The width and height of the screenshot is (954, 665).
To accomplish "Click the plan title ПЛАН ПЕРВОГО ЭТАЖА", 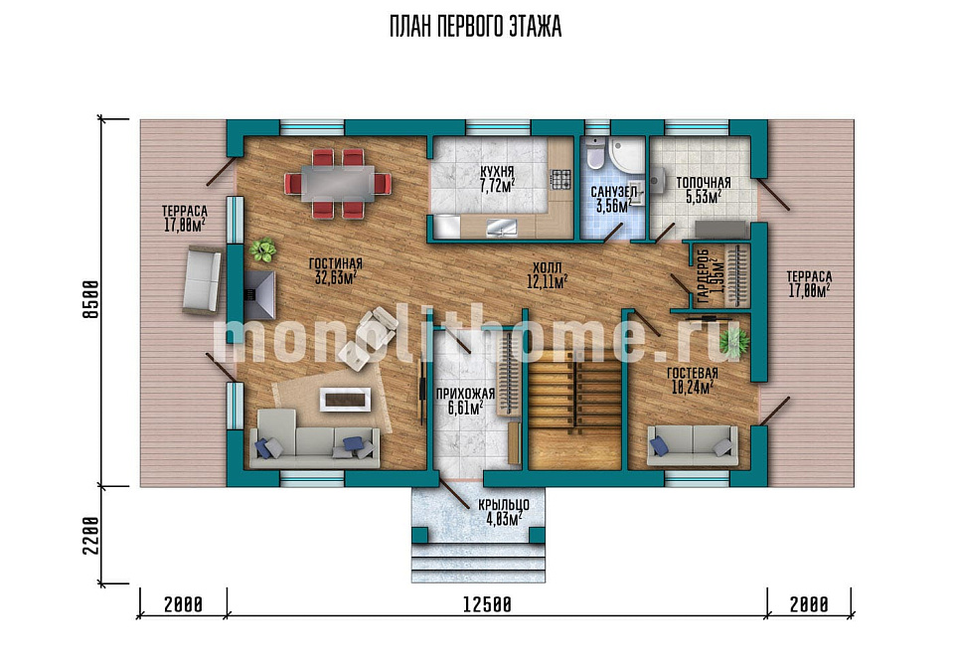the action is tap(475, 28).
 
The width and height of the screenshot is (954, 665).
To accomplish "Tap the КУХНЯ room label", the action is tap(497, 172).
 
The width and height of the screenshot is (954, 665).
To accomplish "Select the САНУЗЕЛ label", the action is tap(614, 192).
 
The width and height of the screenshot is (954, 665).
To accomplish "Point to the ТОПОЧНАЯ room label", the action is tap(704, 183).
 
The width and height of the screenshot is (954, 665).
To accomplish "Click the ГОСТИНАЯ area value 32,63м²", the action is tap(335, 278).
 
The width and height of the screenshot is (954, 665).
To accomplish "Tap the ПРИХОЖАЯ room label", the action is tap(465, 395).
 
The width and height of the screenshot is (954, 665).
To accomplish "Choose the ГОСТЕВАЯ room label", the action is tap(693, 373).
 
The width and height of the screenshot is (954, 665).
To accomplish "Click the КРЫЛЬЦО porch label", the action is tap(503, 505).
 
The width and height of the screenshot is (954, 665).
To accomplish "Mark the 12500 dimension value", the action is tap(487, 604).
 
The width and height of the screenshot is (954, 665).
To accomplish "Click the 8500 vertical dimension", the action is tap(90, 299).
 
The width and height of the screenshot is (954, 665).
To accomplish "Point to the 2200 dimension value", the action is tap(90, 536).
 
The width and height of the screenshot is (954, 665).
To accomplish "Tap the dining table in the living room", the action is tap(338, 183).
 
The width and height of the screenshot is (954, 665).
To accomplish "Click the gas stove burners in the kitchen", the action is tap(560, 178).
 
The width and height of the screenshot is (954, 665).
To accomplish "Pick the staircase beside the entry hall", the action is tap(574, 409).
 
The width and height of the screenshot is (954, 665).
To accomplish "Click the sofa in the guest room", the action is tap(693, 446).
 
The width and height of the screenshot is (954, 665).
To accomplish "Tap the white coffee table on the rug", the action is tap(345, 400).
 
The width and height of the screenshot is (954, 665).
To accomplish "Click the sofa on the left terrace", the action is tap(202, 280).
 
